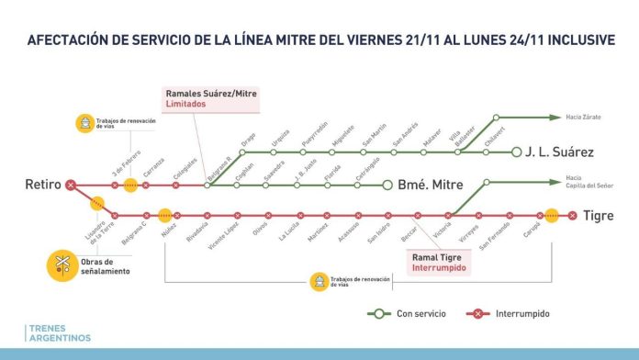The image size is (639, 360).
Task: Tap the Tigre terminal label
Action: coord(601,216)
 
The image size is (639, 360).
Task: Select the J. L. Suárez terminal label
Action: coord(561,152)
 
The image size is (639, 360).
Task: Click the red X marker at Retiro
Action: coord(71,186)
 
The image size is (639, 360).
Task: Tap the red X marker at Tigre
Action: coord(573,216)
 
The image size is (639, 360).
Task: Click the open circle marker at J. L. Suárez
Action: coord(517,152)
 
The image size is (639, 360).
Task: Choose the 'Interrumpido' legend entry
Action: coord(520,313)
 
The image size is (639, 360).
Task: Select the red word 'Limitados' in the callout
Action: coord(186,105)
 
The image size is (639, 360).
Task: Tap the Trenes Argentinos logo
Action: coord(59,332)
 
